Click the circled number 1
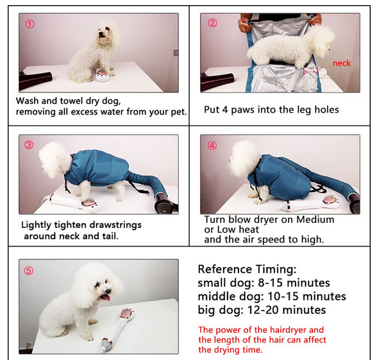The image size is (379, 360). (x=30, y=24)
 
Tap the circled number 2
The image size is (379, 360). (x=212, y=23)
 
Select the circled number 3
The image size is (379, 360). (x=29, y=145)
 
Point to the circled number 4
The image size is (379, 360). (x=212, y=145)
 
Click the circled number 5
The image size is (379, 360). (x=29, y=271)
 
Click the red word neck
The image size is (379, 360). (x=341, y=63)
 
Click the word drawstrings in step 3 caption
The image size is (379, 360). (x=114, y=225)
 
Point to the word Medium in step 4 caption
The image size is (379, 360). (x=315, y=220)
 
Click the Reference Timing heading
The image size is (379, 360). (x=247, y=269)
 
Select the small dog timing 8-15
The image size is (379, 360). (x=270, y=282)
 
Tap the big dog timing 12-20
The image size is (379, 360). (x=263, y=310)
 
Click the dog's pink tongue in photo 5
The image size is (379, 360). (x=105, y=297)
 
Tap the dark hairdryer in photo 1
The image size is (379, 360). (x=35, y=81)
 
